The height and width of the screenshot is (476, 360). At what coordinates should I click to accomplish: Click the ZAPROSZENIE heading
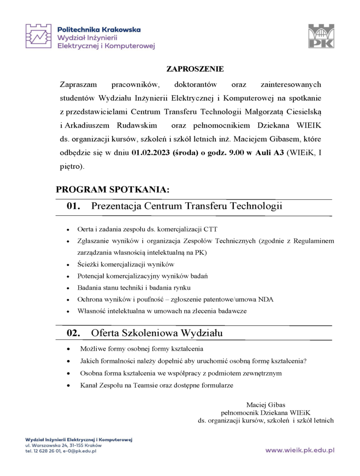click(195, 69)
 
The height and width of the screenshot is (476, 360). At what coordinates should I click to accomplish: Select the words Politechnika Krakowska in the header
click(99, 29)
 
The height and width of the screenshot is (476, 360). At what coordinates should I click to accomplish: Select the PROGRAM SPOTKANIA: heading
click(113, 190)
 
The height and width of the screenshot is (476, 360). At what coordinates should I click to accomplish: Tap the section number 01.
click(73, 206)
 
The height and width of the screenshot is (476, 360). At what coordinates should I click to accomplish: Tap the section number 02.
click(73, 333)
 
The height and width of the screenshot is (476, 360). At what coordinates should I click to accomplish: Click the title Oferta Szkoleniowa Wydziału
click(157, 333)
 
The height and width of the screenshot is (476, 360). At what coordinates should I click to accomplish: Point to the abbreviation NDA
click(266, 299)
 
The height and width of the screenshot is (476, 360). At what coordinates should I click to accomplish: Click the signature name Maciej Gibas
click(266, 404)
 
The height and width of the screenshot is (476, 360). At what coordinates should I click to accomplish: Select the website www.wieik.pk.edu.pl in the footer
click(300, 450)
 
